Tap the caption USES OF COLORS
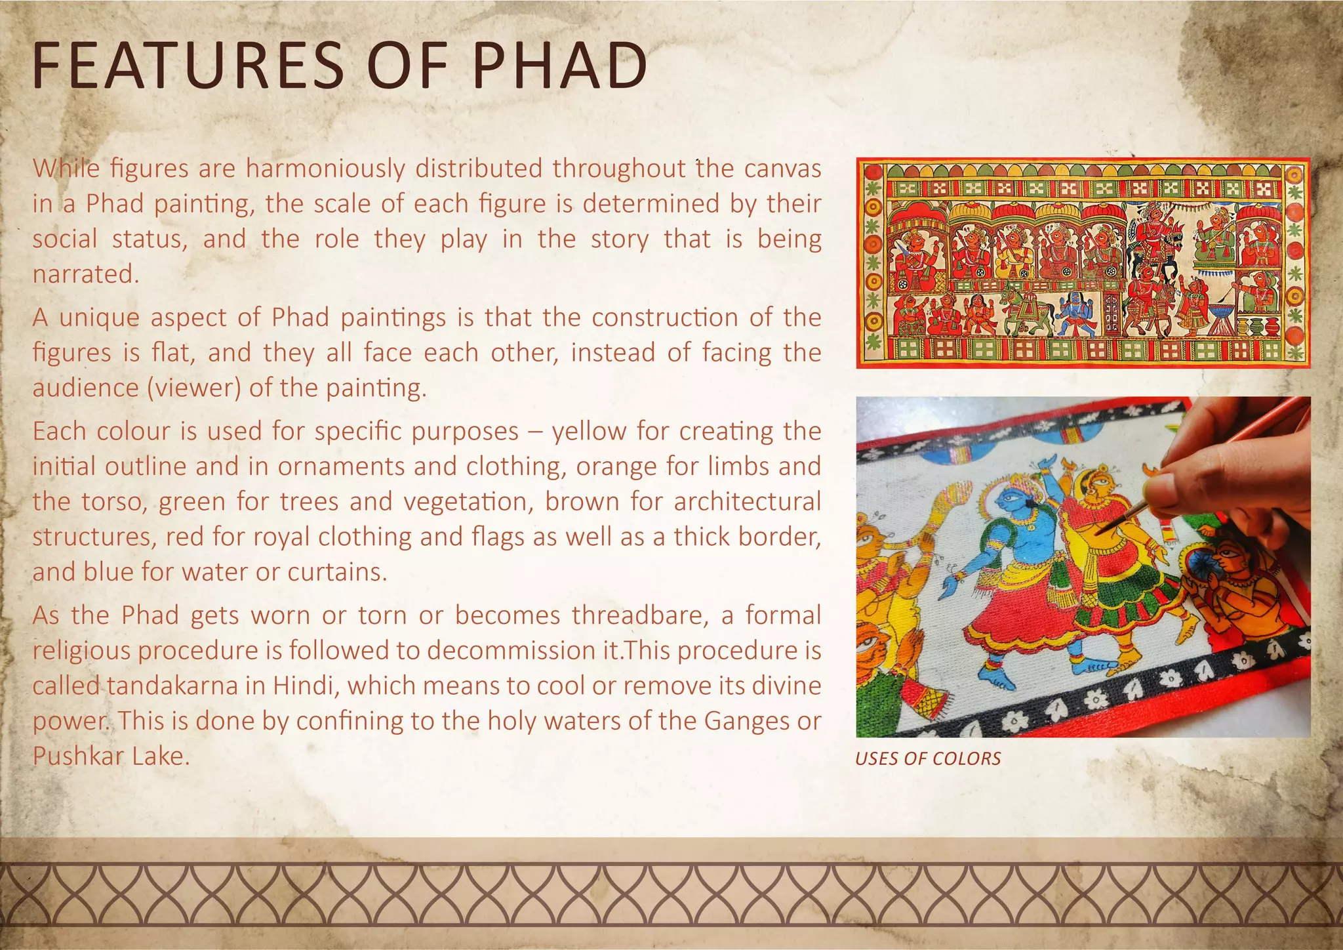point(928,759)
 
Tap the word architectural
point(747,502)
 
